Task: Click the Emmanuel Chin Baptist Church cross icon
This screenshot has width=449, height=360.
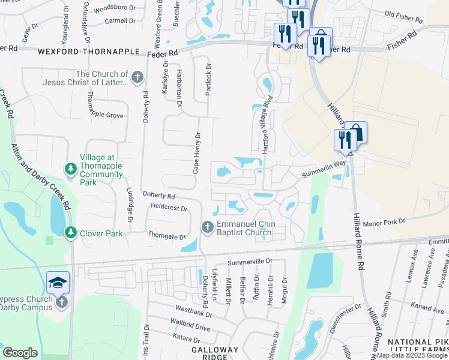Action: coord(207,226)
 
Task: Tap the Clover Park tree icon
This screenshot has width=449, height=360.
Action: coord(70,232)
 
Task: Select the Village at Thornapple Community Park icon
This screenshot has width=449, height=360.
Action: coord(70,169)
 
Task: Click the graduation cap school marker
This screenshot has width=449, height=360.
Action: coord(58,283)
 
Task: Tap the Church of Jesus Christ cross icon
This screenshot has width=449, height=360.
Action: coord(137,77)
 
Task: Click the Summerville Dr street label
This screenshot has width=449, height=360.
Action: coord(250,262)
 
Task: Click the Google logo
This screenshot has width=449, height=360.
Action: coord(20,353)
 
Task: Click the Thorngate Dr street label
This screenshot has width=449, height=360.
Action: coord(166,237)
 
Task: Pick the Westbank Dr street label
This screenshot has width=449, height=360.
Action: coord(193,313)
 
